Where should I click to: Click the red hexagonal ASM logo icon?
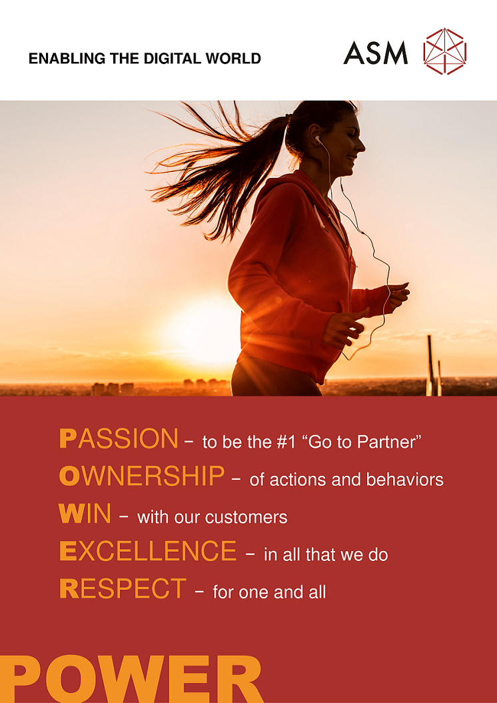pyautogui.click(x=444, y=51)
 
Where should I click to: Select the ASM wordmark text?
pyautogui.click(x=376, y=53)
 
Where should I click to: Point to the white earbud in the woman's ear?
pyautogui.click(x=318, y=139)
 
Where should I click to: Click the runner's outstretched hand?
pyautogui.click(x=398, y=295)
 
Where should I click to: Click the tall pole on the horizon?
pyautogui.click(x=430, y=365)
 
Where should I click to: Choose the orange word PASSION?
pyautogui.click(x=119, y=438)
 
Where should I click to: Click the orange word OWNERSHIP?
pyautogui.click(x=142, y=476)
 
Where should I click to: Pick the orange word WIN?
pyautogui.click(x=85, y=514)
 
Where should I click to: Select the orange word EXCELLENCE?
pyautogui.click(x=148, y=551)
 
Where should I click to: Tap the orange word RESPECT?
pyautogui.click(x=123, y=588)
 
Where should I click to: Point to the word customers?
pyautogui.click(x=246, y=517)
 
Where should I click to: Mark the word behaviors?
pyautogui.click(x=404, y=480)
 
